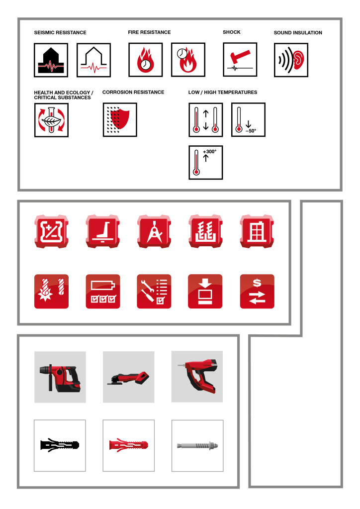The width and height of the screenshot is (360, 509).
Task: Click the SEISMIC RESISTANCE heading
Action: [x=60, y=32]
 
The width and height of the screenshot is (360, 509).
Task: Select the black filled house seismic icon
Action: [x=51, y=60]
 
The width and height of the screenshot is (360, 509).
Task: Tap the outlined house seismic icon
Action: [x=94, y=60]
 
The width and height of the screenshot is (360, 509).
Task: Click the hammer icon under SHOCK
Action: [x=240, y=60]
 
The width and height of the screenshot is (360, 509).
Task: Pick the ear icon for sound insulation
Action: [x=291, y=60]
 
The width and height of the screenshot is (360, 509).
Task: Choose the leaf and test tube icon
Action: [x=51, y=120]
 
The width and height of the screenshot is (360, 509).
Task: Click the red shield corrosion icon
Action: [x=120, y=120]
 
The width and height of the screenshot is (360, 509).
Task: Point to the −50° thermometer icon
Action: [x=248, y=120]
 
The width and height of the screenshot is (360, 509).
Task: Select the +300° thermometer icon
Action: [x=206, y=163]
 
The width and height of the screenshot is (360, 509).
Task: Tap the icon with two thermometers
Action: [x=206, y=120]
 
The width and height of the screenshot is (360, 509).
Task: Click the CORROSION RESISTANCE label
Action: [x=133, y=92]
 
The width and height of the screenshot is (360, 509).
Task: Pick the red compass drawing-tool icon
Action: [x=154, y=231]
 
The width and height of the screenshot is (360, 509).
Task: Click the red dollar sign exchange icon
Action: [x=257, y=291]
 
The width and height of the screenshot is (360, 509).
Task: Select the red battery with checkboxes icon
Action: [x=103, y=291]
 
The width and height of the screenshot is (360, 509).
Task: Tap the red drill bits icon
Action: [x=51, y=291]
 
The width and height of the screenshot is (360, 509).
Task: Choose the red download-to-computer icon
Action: [x=205, y=291]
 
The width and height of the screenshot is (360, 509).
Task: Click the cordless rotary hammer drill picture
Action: [x=60, y=377]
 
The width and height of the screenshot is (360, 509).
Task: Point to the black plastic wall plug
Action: [x=60, y=445]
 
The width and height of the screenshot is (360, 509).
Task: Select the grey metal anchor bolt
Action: [x=197, y=446]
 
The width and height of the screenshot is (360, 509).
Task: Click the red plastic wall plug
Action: [x=128, y=445]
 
